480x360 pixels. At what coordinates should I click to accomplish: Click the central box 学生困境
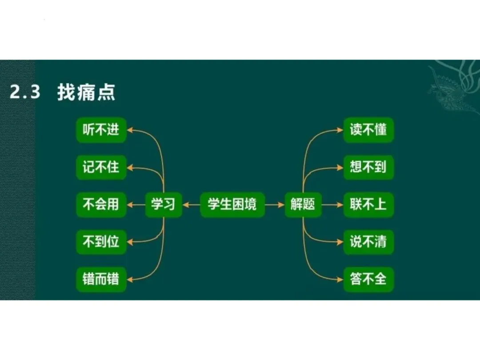[x=232, y=204]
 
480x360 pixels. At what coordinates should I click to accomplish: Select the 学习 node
[x=164, y=204]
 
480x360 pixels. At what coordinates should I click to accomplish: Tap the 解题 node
[x=303, y=204]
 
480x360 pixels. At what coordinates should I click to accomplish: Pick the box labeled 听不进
[x=101, y=130]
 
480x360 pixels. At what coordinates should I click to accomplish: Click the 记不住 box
[x=101, y=167]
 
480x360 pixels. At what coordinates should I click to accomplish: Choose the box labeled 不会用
[x=101, y=204]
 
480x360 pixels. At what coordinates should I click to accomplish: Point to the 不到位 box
[x=101, y=242]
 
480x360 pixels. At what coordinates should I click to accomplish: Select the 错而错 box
[x=101, y=280]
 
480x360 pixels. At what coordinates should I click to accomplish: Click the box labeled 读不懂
[x=368, y=130]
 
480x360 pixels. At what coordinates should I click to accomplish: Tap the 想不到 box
[x=368, y=167]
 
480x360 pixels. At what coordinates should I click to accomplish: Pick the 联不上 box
[x=368, y=204]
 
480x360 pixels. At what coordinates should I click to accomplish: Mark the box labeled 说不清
[x=368, y=242]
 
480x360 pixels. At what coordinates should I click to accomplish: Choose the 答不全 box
[x=368, y=280]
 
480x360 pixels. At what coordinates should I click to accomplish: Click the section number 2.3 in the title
[x=25, y=93]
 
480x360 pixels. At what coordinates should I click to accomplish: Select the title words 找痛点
[x=86, y=93]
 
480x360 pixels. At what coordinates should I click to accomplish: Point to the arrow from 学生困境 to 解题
[x=275, y=205]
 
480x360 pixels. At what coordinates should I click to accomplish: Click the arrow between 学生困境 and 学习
[x=191, y=205]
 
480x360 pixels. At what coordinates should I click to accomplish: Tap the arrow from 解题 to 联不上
[x=332, y=205]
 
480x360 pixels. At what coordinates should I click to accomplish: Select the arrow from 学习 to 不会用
[x=136, y=205]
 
